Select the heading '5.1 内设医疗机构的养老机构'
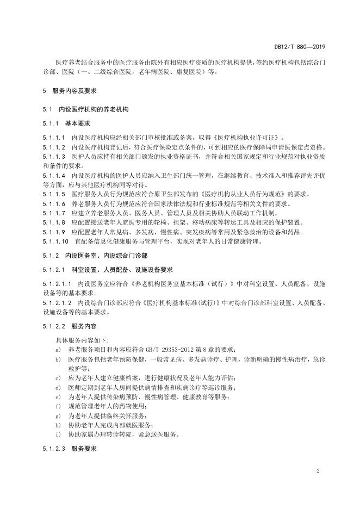(x=82, y=109)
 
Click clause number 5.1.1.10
(x=55, y=240)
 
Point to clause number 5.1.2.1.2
(x=57, y=303)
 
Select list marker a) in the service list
(x=58, y=349)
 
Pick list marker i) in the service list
(x=58, y=434)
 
